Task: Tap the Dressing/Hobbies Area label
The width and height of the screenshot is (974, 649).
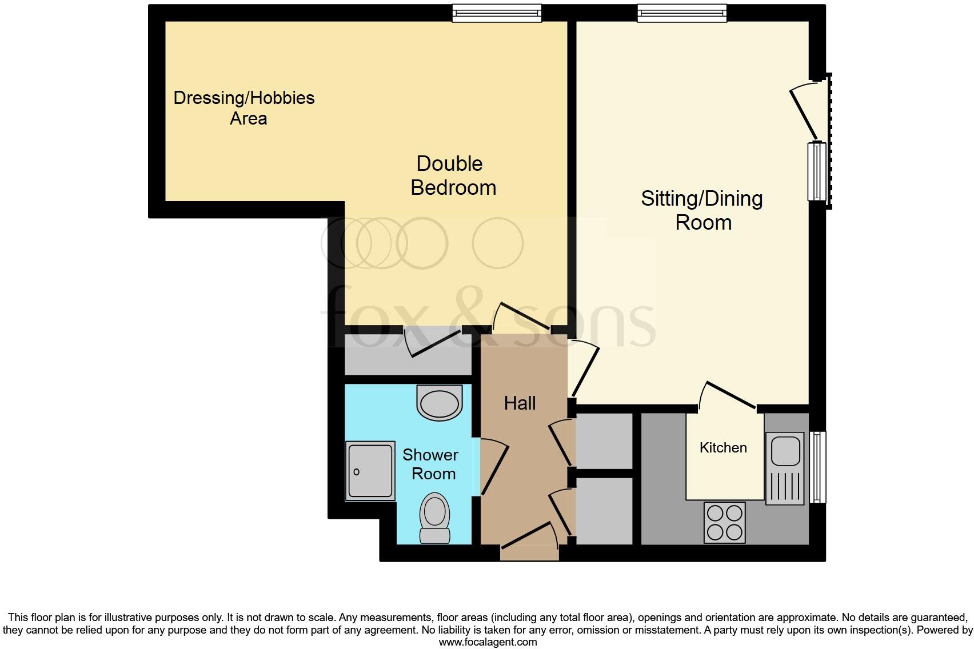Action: (x=244, y=108)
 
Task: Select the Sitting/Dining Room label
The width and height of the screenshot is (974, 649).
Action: (x=702, y=210)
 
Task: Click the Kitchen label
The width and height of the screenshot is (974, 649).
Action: (x=723, y=447)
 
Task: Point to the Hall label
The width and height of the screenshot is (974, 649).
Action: (x=520, y=403)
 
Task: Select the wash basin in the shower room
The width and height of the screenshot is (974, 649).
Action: (x=439, y=403)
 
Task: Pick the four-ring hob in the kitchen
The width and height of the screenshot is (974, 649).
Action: (x=725, y=522)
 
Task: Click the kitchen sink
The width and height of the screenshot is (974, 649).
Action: (x=785, y=450)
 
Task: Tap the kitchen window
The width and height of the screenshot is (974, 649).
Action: (x=819, y=467)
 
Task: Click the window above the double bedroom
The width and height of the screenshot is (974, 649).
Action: (x=496, y=13)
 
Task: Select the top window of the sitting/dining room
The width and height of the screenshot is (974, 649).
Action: (x=682, y=13)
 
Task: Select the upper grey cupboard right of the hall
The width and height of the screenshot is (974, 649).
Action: (x=604, y=441)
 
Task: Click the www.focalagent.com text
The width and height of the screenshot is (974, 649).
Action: (x=488, y=642)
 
